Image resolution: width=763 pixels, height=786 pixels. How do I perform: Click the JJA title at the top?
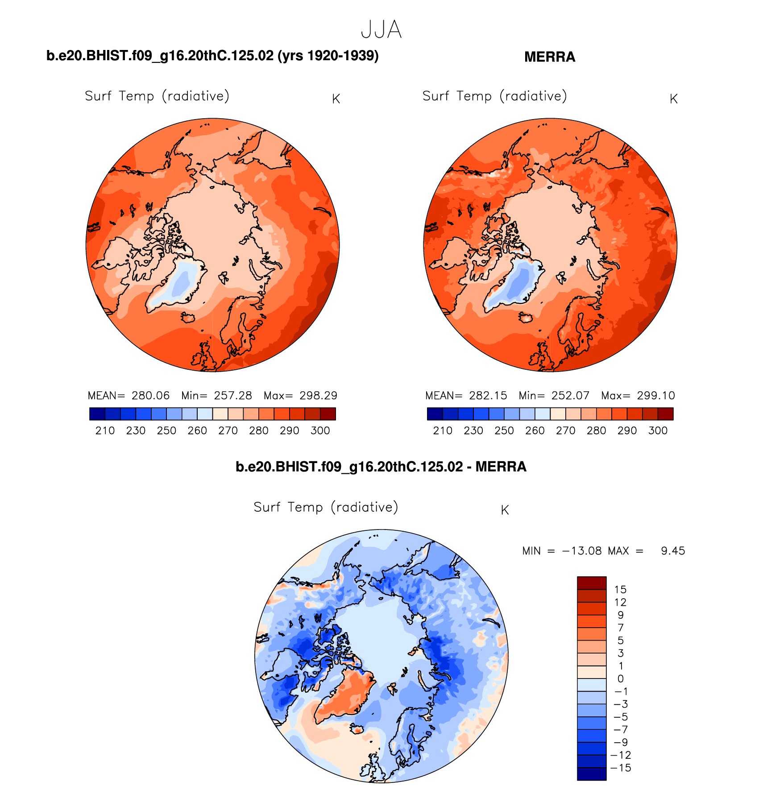pos(381,30)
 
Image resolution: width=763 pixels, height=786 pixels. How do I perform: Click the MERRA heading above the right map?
pos(549,57)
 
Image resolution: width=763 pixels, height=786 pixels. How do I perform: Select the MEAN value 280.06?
pos(150,396)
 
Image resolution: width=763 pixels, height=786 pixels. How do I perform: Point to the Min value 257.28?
pos(232,396)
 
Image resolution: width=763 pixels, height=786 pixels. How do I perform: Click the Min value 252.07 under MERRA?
pos(570,396)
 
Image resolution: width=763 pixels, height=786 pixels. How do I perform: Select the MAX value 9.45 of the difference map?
pos(673,551)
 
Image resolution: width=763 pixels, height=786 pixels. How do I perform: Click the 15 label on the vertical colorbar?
pos(620,590)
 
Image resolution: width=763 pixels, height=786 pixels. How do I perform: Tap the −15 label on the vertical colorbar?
pos(620,768)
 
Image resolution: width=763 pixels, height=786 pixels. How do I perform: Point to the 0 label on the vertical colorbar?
pos(620,679)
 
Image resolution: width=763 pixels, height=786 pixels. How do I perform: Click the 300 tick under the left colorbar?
pos(320,431)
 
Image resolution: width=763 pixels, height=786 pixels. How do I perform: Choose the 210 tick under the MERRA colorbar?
pos(443,431)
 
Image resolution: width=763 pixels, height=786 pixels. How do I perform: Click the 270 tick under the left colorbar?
pos(228,431)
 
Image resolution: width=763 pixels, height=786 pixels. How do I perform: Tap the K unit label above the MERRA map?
pos(674,99)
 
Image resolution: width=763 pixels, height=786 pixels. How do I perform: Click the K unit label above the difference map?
pos(505,510)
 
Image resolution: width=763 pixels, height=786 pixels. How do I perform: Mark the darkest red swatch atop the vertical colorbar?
pos(592,583)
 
